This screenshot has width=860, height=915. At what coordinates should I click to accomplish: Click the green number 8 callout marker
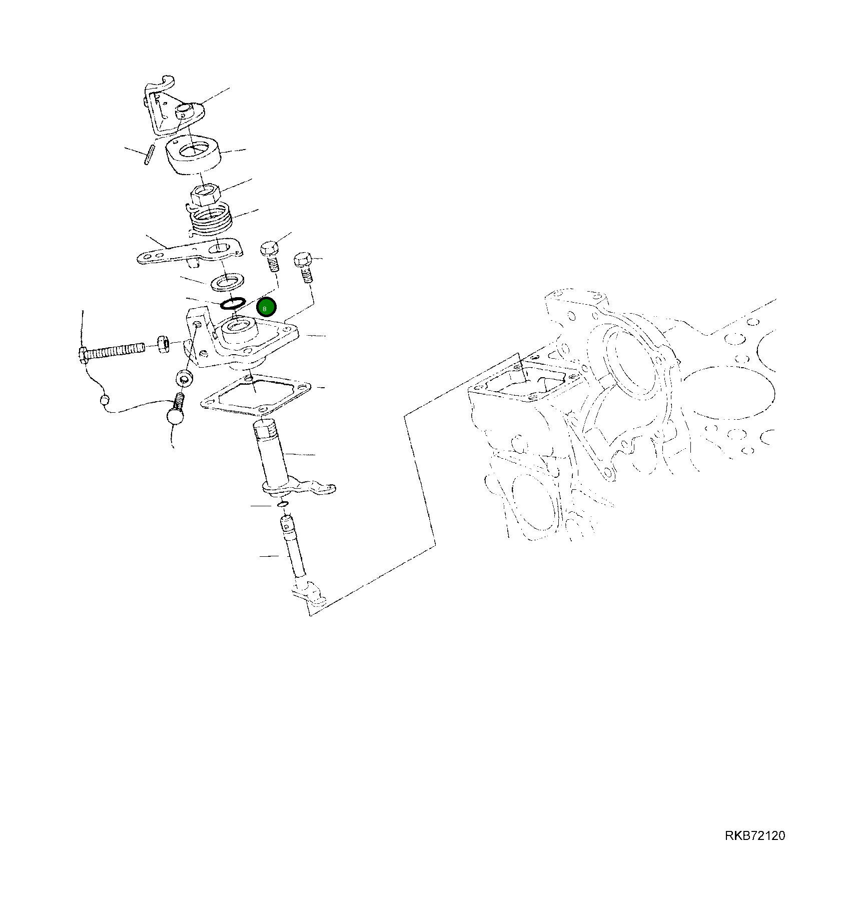[x=266, y=307]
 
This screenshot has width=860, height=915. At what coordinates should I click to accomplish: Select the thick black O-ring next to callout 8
[x=233, y=303]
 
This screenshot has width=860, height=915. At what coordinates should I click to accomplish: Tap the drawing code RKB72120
[x=754, y=835]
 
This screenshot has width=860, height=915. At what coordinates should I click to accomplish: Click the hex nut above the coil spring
[x=205, y=194]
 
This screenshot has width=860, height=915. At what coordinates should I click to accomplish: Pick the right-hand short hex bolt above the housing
[x=304, y=266]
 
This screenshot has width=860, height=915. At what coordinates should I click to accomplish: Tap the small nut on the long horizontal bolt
[x=162, y=344]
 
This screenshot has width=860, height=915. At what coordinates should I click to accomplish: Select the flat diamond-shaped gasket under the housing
[x=255, y=395]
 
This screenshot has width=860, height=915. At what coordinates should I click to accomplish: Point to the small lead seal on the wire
[x=105, y=400]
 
